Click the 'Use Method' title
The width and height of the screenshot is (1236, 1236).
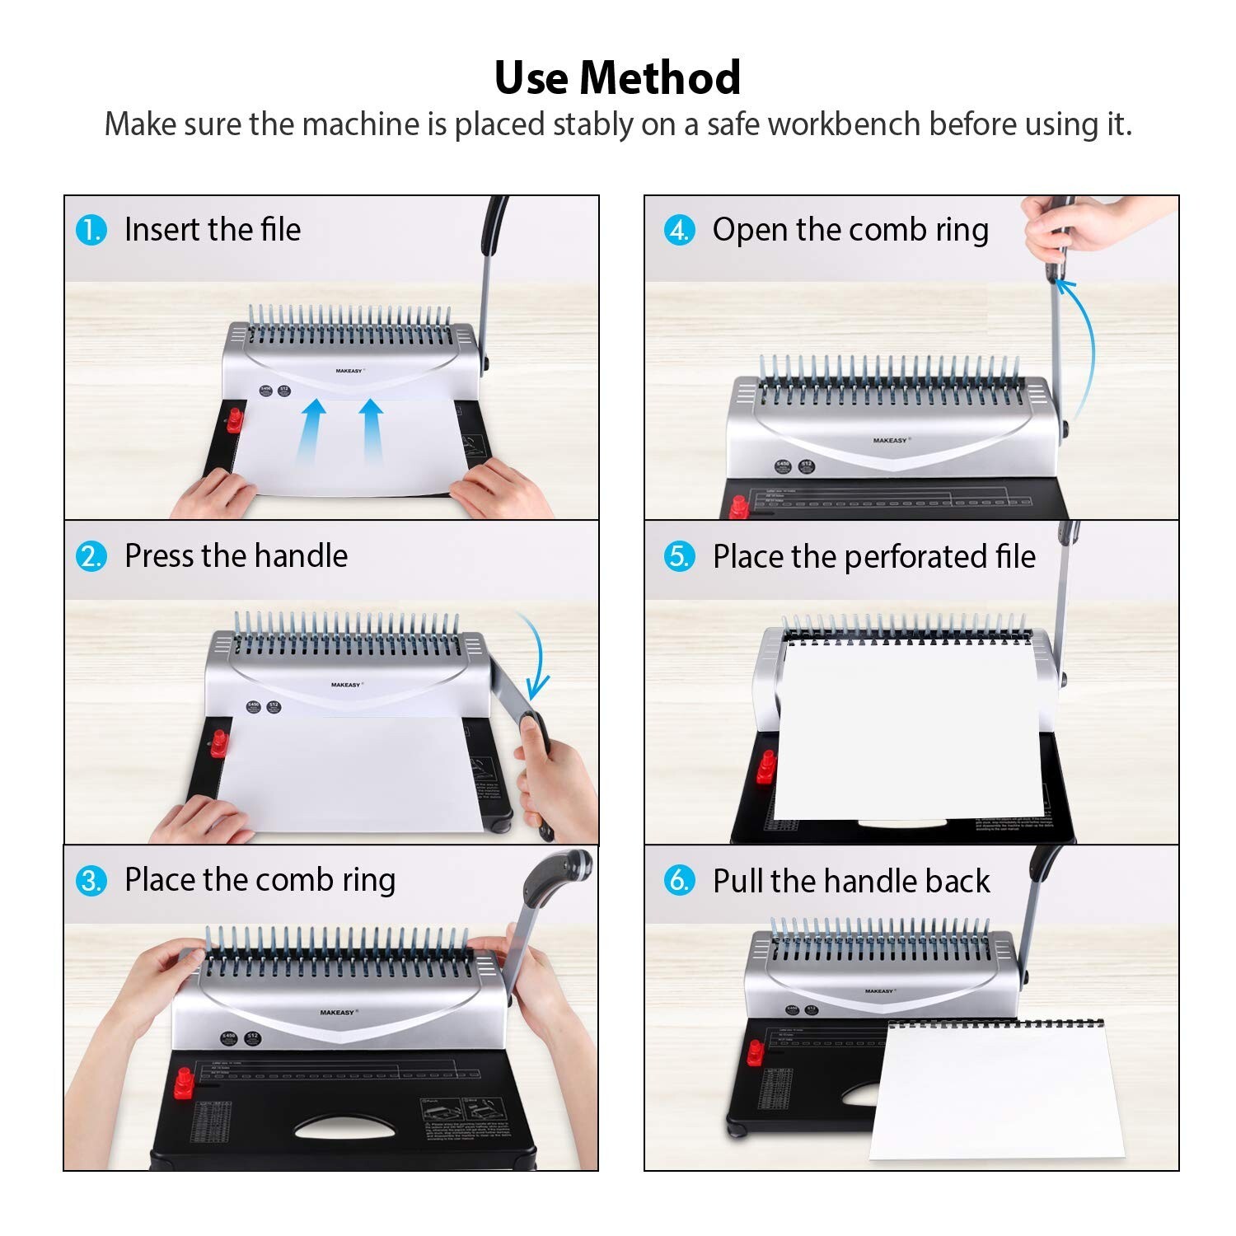coord(617,78)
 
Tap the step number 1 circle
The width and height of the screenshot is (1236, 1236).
coord(91,230)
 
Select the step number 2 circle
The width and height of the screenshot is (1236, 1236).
coord(91,556)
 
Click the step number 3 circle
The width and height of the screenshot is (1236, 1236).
coord(91,881)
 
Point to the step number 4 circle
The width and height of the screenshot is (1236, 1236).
coord(679,230)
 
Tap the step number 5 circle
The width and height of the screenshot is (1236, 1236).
coord(679,556)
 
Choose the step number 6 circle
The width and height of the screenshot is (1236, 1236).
coord(679,881)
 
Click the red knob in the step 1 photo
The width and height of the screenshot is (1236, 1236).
coord(234,419)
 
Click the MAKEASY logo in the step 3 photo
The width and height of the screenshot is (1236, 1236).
coord(337,1012)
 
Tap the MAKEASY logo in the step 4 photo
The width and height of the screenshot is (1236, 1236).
coord(890,441)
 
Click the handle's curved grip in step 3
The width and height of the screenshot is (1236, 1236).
coord(558,873)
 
